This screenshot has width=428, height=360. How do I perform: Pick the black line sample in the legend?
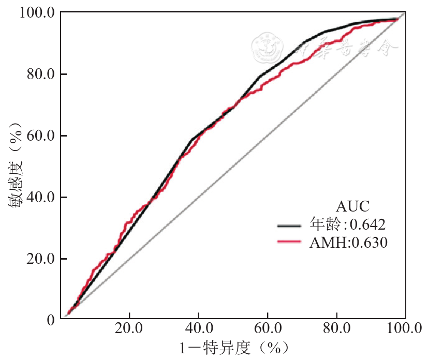[289, 226]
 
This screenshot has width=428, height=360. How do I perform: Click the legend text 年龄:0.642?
[348, 225]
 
